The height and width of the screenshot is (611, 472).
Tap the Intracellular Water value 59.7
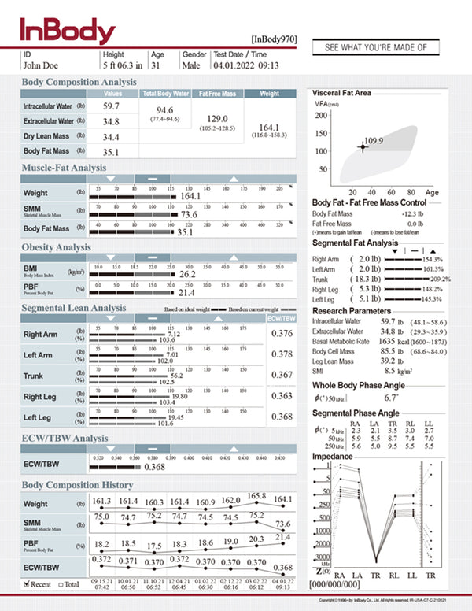click(x=111, y=106)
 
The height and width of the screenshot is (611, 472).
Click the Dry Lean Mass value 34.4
click(x=111, y=136)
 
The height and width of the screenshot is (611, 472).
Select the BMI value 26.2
click(x=187, y=275)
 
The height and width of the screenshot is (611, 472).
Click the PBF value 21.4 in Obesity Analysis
click(x=185, y=292)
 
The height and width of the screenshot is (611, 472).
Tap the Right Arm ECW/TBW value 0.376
click(x=282, y=334)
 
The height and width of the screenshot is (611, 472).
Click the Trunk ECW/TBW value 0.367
click(x=282, y=375)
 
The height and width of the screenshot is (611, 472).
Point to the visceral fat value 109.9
click(x=373, y=140)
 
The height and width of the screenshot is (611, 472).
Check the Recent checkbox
click(x=28, y=583)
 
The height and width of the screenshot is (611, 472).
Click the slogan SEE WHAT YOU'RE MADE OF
click(x=375, y=48)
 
